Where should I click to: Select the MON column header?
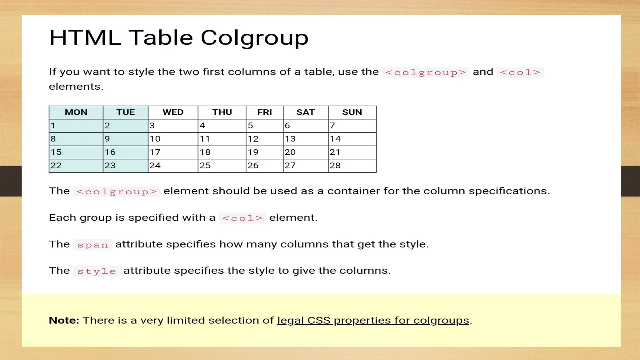point(76,112)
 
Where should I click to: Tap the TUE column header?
point(125,112)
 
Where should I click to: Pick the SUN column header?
point(352,112)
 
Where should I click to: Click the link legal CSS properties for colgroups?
point(373,320)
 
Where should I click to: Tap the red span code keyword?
point(92,245)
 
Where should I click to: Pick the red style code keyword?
point(97,271)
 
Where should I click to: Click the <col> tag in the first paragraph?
point(520,72)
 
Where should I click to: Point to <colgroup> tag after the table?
point(116,192)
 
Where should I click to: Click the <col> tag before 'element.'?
point(242,218)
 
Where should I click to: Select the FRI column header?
point(264,112)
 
